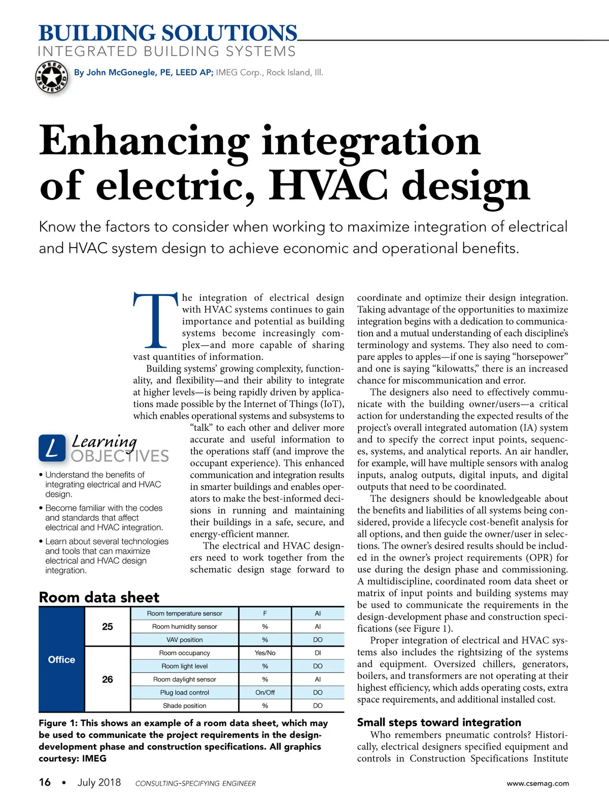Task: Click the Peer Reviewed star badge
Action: (x=51, y=78)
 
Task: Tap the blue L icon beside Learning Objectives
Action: (x=52, y=448)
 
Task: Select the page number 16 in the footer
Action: (x=45, y=782)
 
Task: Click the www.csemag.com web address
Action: (x=537, y=783)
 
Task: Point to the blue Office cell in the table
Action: (x=61, y=659)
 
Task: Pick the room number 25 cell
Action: (x=108, y=626)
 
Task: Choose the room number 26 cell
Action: (x=108, y=679)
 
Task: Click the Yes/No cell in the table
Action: (x=265, y=653)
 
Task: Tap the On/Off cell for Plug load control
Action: (x=265, y=692)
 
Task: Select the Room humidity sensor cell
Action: (x=185, y=626)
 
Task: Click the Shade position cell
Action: (x=185, y=705)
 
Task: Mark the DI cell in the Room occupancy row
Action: (x=318, y=653)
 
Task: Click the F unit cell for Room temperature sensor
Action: (x=265, y=613)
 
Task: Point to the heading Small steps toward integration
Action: (x=439, y=722)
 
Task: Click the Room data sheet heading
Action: (x=99, y=597)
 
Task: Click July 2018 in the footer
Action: (x=99, y=782)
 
